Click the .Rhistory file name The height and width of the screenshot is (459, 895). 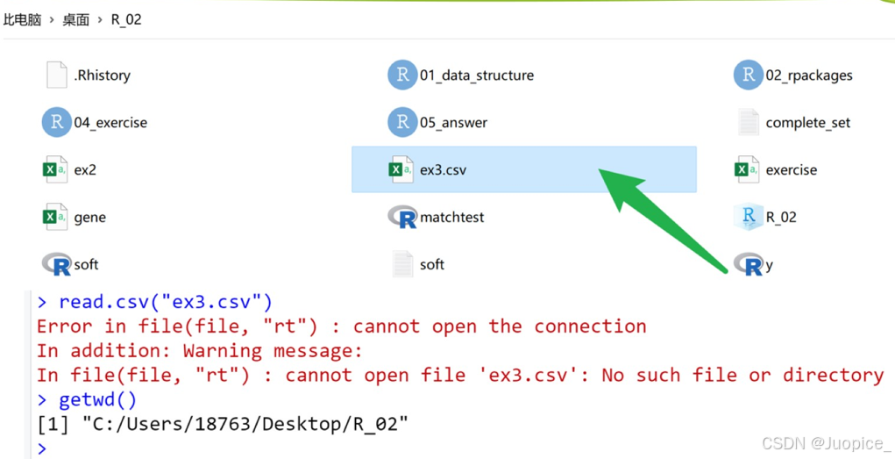pyautogui.click(x=102, y=75)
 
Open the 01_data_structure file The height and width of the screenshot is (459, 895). pyautogui.click(x=476, y=75)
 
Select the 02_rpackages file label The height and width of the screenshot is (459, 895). pyautogui.click(x=808, y=75)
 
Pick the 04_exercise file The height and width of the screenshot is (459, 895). pyautogui.click(x=110, y=123)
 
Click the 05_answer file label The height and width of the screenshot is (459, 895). pyautogui.click(x=453, y=123)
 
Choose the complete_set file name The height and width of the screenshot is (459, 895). pyautogui.click(x=807, y=123)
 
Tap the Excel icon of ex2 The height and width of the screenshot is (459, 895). pyautogui.click(x=54, y=169)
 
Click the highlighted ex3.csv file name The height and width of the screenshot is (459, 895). pyautogui.click(x=443, y=170)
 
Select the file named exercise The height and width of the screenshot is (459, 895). pyautogui.click(x=791, y=170)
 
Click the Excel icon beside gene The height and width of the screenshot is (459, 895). pyautogui.click(x=54, y=217)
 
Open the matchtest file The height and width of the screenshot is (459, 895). pyautogui.click(x=451, y=218)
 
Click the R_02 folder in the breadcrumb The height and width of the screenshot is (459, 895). pyautogui.click(x=126, y=19)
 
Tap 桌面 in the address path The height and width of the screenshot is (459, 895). pyautogui.click(x=75, y=19)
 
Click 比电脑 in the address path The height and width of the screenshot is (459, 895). pyautogui.click(x=22, y=19)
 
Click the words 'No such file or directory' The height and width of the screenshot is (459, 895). pyautogui.click(x=742, y=376)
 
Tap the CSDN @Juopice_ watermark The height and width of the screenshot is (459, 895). pyautogui.click(x=826, y=444)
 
